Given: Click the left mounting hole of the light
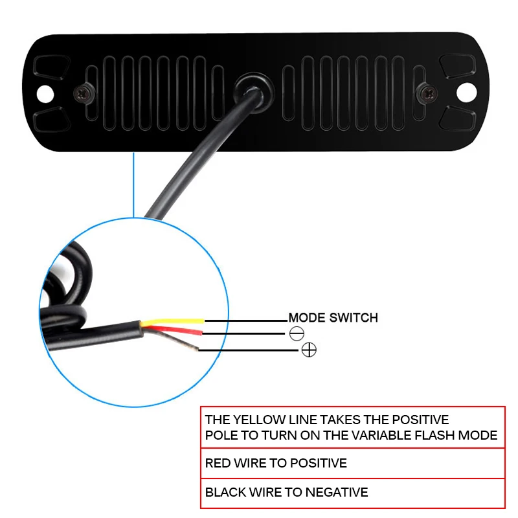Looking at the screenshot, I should (x=44, y=93).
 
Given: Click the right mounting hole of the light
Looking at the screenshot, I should (x=466, y=92).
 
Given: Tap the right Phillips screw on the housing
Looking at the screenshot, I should (x=427, y=92).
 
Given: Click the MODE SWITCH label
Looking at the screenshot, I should (x=333, y=318).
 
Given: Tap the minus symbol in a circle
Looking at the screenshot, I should (x=297, y=334).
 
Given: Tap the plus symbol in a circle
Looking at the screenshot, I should (x=309, y=350).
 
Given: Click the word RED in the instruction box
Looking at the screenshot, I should (x=218, y=464).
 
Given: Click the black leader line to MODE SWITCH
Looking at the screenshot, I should (x=246, y=320).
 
